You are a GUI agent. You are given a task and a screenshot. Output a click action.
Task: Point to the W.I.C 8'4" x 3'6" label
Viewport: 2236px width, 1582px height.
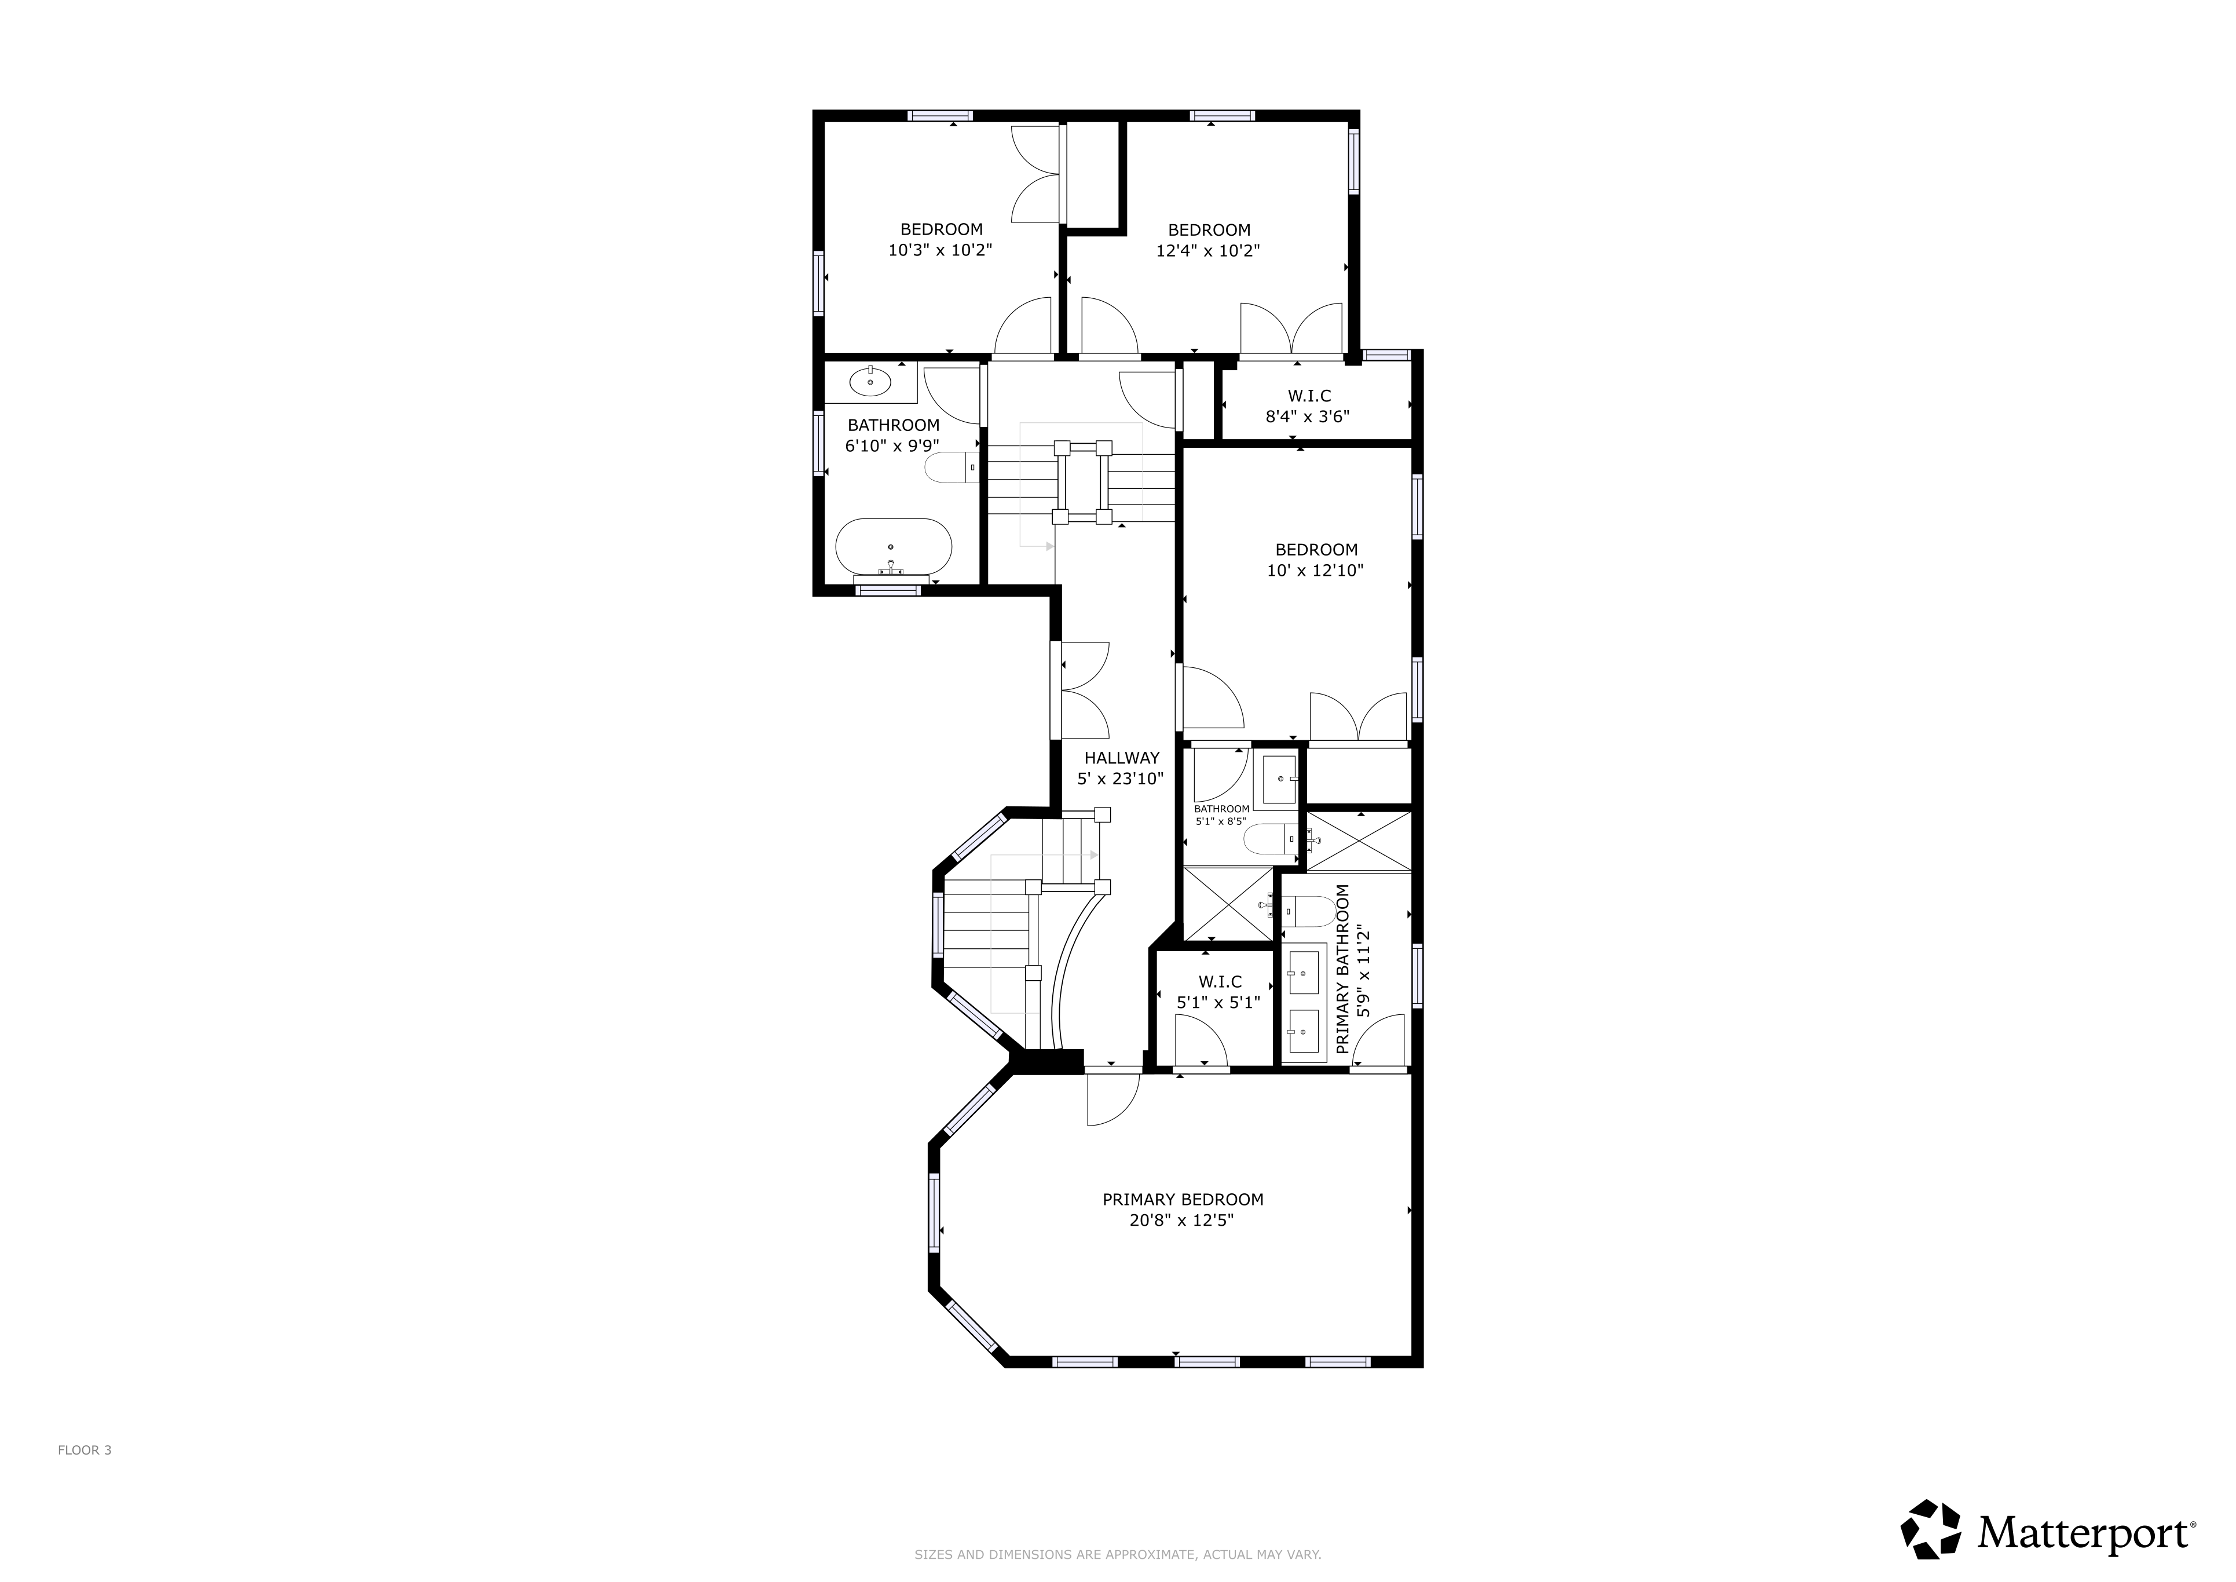click(1308, 406)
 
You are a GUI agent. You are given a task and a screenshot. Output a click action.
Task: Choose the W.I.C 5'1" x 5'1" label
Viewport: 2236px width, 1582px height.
click(1218, 992)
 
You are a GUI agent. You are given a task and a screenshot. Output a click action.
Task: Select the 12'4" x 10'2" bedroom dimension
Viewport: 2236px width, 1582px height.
click(1207, 250)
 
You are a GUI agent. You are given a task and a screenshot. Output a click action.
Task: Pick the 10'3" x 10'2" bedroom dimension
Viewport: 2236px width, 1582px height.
click(940, 250)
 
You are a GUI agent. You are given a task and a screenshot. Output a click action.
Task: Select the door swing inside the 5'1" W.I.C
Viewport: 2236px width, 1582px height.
click(1201, 1040)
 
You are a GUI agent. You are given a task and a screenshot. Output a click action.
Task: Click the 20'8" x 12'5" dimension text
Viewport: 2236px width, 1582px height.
click(1181, 1221)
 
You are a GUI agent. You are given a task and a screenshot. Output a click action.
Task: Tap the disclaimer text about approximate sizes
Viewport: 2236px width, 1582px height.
click(1117, 1555)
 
